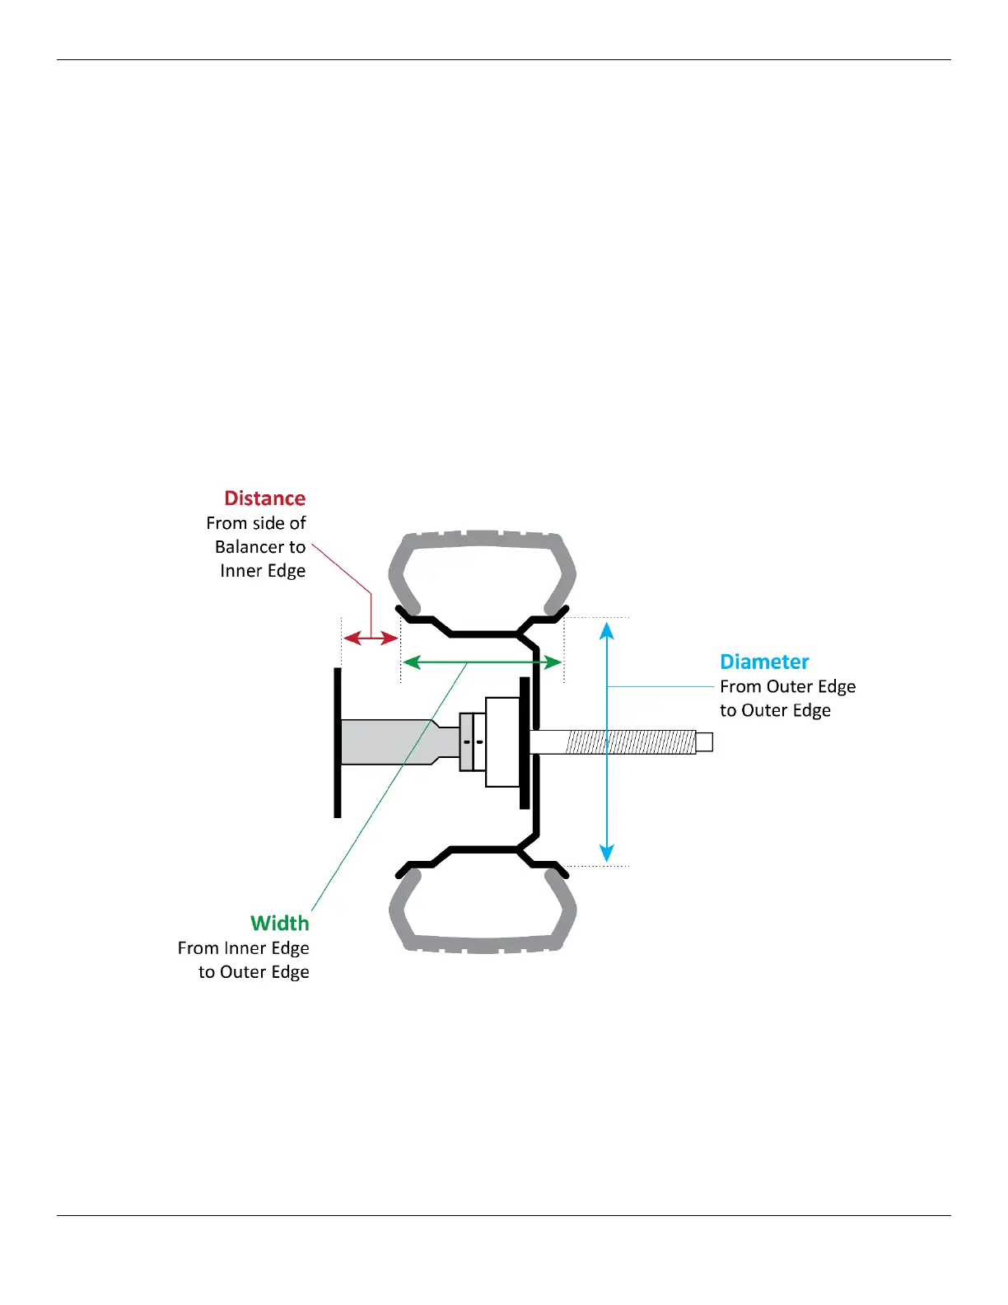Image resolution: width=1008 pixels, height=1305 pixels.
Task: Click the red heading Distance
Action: (264, 498)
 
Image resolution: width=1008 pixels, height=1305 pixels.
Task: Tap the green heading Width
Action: (279, 923)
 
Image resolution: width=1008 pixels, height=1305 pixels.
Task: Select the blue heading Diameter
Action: (764, 662)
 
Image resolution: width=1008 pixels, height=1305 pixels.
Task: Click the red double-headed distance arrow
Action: (371, 638)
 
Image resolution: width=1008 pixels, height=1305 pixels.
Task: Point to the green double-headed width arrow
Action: (483, 662)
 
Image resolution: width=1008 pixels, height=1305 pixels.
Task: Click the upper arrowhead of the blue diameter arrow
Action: (607, 631)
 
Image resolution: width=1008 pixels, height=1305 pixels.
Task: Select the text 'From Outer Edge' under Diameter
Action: (787, 686)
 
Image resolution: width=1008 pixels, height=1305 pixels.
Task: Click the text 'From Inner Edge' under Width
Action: (243, 947)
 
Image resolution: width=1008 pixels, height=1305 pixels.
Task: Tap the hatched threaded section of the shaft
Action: (630, 741)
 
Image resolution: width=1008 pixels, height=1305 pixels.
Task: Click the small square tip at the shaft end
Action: (704, 741)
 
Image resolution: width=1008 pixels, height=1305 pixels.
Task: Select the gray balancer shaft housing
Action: (387, 741)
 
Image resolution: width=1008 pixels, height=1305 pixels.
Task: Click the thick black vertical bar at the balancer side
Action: (338, 741)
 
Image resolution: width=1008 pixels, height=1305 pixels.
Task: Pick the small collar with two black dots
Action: (472, 741)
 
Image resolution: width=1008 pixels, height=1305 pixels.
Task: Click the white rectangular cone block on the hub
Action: (502, 741)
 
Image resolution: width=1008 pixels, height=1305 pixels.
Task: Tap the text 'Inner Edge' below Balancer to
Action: (263, 571)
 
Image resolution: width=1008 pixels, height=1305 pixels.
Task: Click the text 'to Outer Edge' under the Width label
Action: (254, 971)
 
